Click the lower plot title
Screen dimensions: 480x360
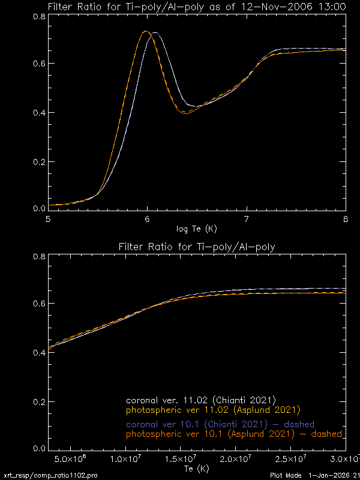tap(197, 247)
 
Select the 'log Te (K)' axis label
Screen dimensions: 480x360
tap(196, 229)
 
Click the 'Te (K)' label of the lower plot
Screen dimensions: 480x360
tap(197, 468)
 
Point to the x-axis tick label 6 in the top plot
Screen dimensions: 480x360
tap(148, 219)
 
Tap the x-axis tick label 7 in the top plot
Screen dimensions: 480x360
tap(247, 219)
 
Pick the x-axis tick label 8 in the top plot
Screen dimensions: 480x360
tap(345, 219)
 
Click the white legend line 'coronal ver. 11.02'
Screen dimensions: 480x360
tap(200, 400)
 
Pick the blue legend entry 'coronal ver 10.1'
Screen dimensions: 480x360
tap(220, 424)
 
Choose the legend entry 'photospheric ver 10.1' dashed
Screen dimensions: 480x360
tap(234, 434)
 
